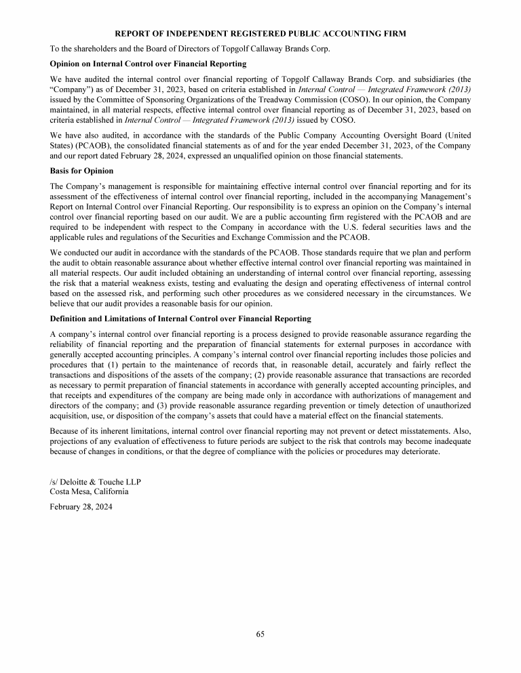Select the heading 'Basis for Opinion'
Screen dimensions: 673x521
tap(81, 170)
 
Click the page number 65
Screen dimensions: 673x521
tap(260, 634)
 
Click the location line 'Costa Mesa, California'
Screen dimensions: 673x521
tap(89, 491)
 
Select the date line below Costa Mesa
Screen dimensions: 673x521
tap(81, 506)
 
